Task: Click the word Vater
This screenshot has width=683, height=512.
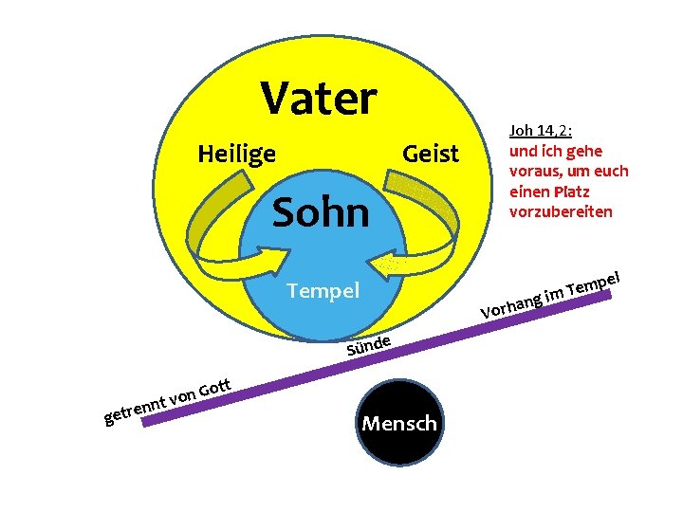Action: pyautogui.click(x=319, y=97)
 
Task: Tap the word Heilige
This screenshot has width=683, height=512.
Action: pyautogui.click(x=236, y=153)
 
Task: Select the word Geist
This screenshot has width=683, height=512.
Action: pyautogui.click(x=430, y=153)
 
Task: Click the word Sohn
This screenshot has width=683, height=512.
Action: pyautogui.click(x=321, y=213)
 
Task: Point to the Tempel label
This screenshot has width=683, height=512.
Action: pyautogui.click(x=323, y=290)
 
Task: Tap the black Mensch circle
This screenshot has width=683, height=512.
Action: pyautogui.click(x=399, y=423)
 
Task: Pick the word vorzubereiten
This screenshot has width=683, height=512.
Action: pyautogui.click(x=561, y=210)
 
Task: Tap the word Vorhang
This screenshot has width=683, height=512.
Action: pyautogui.click(x=510, y=304)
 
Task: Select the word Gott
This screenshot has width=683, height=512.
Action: pyautogui.click(x=215, y=386)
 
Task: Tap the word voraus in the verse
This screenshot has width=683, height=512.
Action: pyautogui.click(x=536, y=172)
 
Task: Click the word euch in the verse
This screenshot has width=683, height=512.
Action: pyautogui.click(x=611, y=172)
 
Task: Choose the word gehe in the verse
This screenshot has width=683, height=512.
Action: pyautogui.click(x=584, y=152)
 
